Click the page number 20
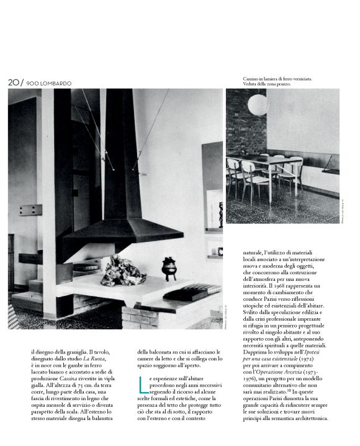(x=14, y=83)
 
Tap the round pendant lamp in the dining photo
(x=258, y=104)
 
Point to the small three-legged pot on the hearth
(x=169, y=268)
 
